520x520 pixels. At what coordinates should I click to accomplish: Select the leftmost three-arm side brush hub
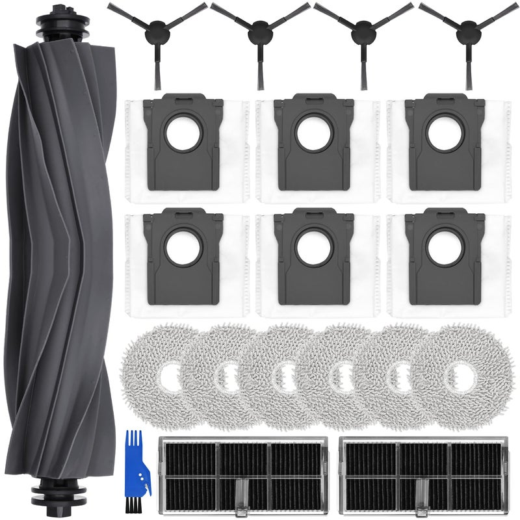(156, 29)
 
